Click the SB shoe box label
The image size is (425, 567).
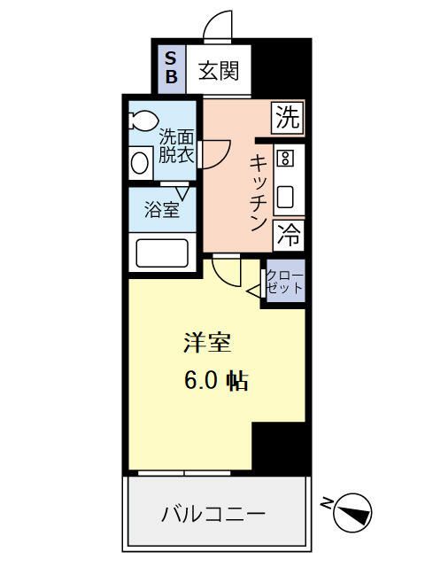[x=171, y=67]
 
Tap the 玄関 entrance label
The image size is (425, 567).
[x=218, y=70]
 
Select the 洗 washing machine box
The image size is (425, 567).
[x=287, y=117]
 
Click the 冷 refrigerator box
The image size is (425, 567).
[x=287, y=235]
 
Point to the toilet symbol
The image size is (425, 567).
[x=143, y=120]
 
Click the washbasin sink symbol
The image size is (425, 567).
[x=140, y=162]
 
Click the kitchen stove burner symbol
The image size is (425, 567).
[x=285, y=159]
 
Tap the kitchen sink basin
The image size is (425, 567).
[x=285, y=197]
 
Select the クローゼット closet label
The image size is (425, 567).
[x=285, y=282]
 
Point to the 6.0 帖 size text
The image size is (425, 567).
[x=215, y=381]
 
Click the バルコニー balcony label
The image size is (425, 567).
[x=213, y=514]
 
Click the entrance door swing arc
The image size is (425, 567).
[x=218, y=27]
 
